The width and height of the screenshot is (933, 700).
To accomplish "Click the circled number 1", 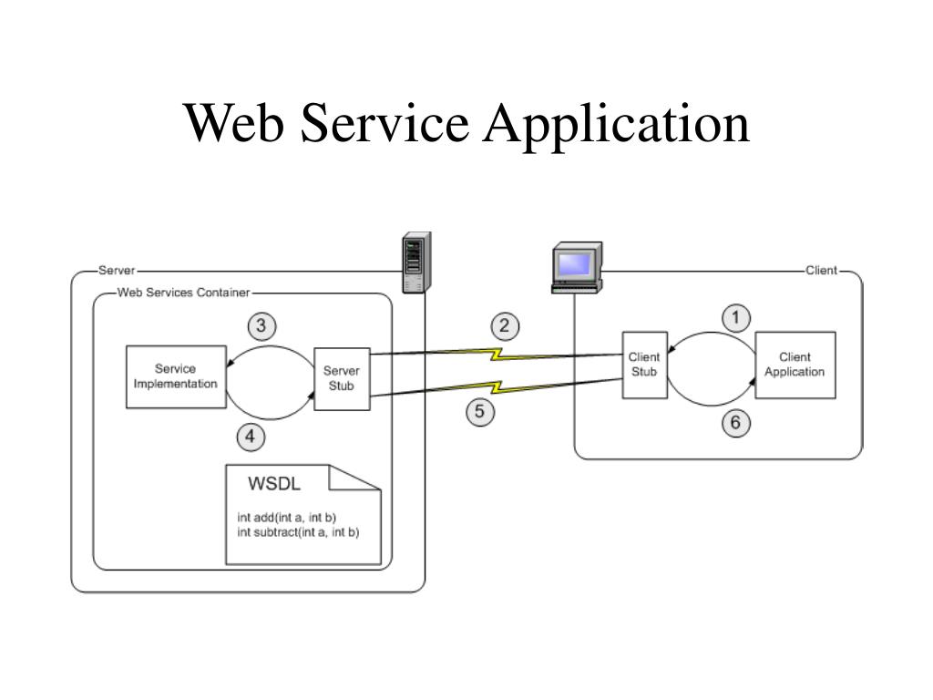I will coord(736,317).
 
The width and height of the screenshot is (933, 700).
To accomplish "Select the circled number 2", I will coord(505,325).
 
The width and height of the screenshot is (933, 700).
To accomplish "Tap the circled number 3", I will coord(262,325).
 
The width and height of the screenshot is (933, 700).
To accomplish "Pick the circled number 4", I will coord(251,437).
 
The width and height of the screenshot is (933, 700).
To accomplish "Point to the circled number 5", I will coord(480,412).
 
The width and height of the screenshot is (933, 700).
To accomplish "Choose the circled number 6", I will coord(736,422).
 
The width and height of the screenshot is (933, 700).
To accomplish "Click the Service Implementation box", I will coord(176,377).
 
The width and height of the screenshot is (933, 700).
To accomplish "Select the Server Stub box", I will coord(342,377).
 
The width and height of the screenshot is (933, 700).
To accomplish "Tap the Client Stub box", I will coord(644,365).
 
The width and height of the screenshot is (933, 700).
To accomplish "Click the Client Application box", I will coord(795,365).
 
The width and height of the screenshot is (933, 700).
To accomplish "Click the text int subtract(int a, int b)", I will coord(298,532).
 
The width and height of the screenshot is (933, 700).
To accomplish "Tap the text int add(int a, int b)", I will coord(287,518).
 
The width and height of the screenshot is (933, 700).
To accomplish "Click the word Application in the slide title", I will coord(618,124).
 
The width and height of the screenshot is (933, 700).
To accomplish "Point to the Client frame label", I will coord(820,271).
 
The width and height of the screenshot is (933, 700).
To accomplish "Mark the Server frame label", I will coord(117,271).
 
